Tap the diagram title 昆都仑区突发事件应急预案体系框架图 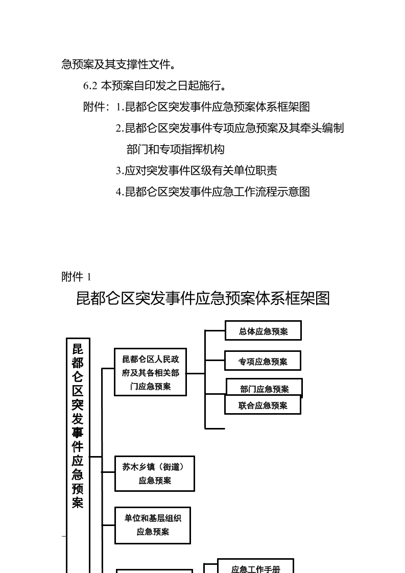[x=203, y=298]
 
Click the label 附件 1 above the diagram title [x=77, y=277]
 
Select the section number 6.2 [x=90, y=86]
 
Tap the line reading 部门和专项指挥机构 [x=176, y=150]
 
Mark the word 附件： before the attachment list [x=97, y=107]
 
